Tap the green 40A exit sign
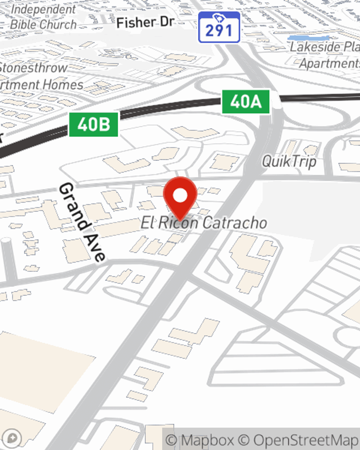[x=246, y=102]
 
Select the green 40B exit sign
[x=94, y=125]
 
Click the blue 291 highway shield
[x=219, y=28]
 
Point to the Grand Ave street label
[x=82, y=222]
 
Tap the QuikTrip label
[x=289, y=161]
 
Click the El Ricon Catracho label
[x=204, y=223]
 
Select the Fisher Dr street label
[x=145, y=23]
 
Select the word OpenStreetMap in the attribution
[x=305, y=440]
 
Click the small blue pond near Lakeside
[x=308, y=37]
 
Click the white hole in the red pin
[x=180, y=196]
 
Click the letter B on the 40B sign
[x=104, y=125]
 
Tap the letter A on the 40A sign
[x=256, y=102]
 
